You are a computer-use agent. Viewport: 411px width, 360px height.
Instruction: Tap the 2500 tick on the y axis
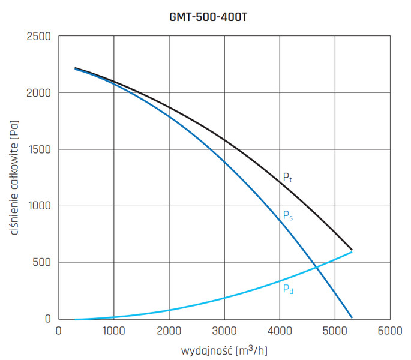[x=39, y=37]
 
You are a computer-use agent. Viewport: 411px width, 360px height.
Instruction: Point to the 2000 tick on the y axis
[x=39, y=94]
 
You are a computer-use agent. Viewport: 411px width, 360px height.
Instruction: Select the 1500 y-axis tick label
[x=39, y=150]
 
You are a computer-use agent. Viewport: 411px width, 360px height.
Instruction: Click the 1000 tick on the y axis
[x=39, y=206]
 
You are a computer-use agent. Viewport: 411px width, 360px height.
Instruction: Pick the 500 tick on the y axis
[x=43, y=263]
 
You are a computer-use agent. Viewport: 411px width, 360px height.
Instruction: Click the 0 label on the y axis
[x=49, y=319]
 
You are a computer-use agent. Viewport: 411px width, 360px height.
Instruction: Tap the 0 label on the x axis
[x=58, y=331]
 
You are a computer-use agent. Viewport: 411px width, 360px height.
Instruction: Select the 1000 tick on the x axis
[x=113, y=331]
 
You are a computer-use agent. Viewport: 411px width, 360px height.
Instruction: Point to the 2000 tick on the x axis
[x=169, y=331]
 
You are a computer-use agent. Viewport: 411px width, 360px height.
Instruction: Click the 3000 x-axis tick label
[x=224, y=331]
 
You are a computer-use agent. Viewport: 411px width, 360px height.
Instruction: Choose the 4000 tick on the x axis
[x=279, y=331]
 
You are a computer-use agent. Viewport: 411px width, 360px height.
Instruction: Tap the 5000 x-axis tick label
[x=334, y=331]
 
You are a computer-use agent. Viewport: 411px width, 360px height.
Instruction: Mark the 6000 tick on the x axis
[x=389, y=331]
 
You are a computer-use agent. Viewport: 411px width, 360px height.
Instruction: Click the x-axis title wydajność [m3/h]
[x=223, y=349]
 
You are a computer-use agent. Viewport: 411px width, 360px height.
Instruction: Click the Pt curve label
[x=287, y=178]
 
